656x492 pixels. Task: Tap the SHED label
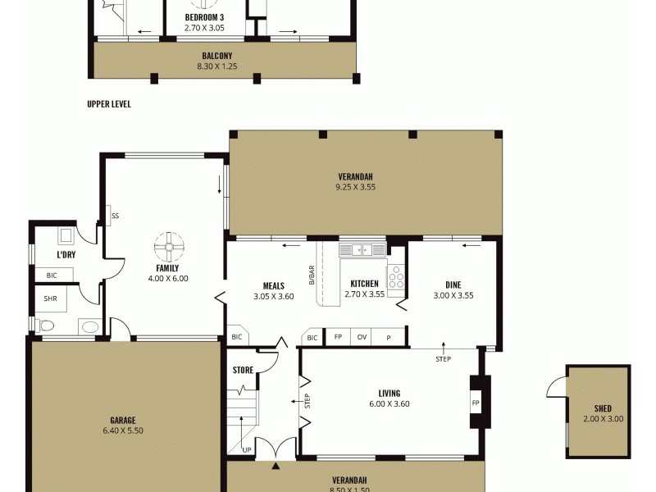pos(603,408)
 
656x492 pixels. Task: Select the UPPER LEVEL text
pos(109,104)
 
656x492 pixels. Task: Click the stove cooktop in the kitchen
pos(396,280)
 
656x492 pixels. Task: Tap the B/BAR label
pos(312,276)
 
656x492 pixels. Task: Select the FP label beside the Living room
pos(476,403)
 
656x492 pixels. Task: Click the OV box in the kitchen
pos(362,337)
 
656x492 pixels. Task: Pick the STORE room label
pos(244,370)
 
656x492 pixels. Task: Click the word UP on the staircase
pos(247,449)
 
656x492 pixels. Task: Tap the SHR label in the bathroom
pos(50,299)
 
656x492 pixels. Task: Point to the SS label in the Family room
pos(115,216)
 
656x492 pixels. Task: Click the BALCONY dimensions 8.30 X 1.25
pos(217,66)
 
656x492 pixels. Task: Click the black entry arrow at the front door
pos(276,467)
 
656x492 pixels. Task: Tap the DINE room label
pos(453,285)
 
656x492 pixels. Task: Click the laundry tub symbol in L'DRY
pos(66,237)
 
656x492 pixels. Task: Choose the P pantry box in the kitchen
pos(388,337)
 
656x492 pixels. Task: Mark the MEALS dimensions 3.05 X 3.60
pos(273,296)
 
